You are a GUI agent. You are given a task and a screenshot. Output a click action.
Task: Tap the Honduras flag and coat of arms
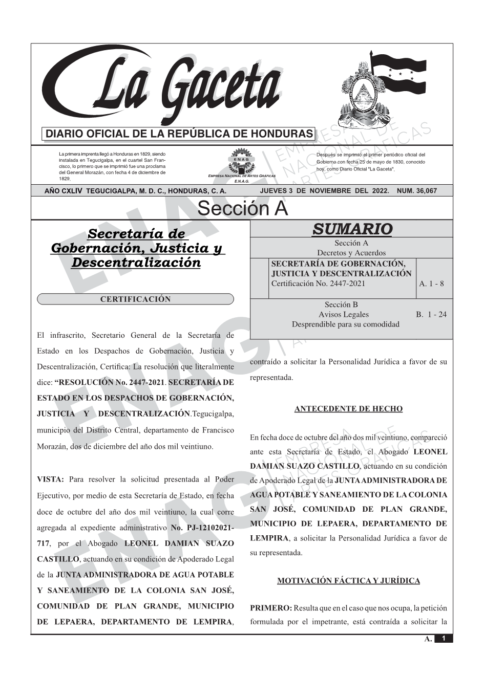[382, 92]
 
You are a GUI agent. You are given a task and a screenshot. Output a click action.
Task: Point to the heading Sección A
[242, 209]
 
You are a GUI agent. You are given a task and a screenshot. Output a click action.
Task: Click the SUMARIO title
[352, 229]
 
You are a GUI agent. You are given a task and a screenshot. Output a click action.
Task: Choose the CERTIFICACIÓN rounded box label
[135, 299]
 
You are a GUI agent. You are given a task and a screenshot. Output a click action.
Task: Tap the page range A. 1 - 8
[431, 283]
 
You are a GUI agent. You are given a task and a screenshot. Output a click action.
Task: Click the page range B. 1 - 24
[431, 314]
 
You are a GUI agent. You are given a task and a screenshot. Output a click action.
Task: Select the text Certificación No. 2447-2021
[318, 283]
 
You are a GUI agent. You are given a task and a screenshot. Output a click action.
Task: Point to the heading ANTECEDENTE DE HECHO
[348, 409]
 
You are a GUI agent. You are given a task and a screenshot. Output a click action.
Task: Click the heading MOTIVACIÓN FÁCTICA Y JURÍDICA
[348, 581]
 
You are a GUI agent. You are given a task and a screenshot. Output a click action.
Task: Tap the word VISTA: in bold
[50, 479]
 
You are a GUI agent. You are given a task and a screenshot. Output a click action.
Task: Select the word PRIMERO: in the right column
[270, 608]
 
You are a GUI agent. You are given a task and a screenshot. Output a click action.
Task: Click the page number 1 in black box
[444, 639]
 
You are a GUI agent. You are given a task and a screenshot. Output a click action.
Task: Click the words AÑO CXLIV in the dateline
[64, 191]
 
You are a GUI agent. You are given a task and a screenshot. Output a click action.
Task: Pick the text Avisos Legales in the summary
[343, 314]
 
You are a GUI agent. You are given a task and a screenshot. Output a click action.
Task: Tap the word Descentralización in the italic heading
[136, 263]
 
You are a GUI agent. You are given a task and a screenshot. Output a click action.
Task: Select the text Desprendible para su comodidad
[345, 324]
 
